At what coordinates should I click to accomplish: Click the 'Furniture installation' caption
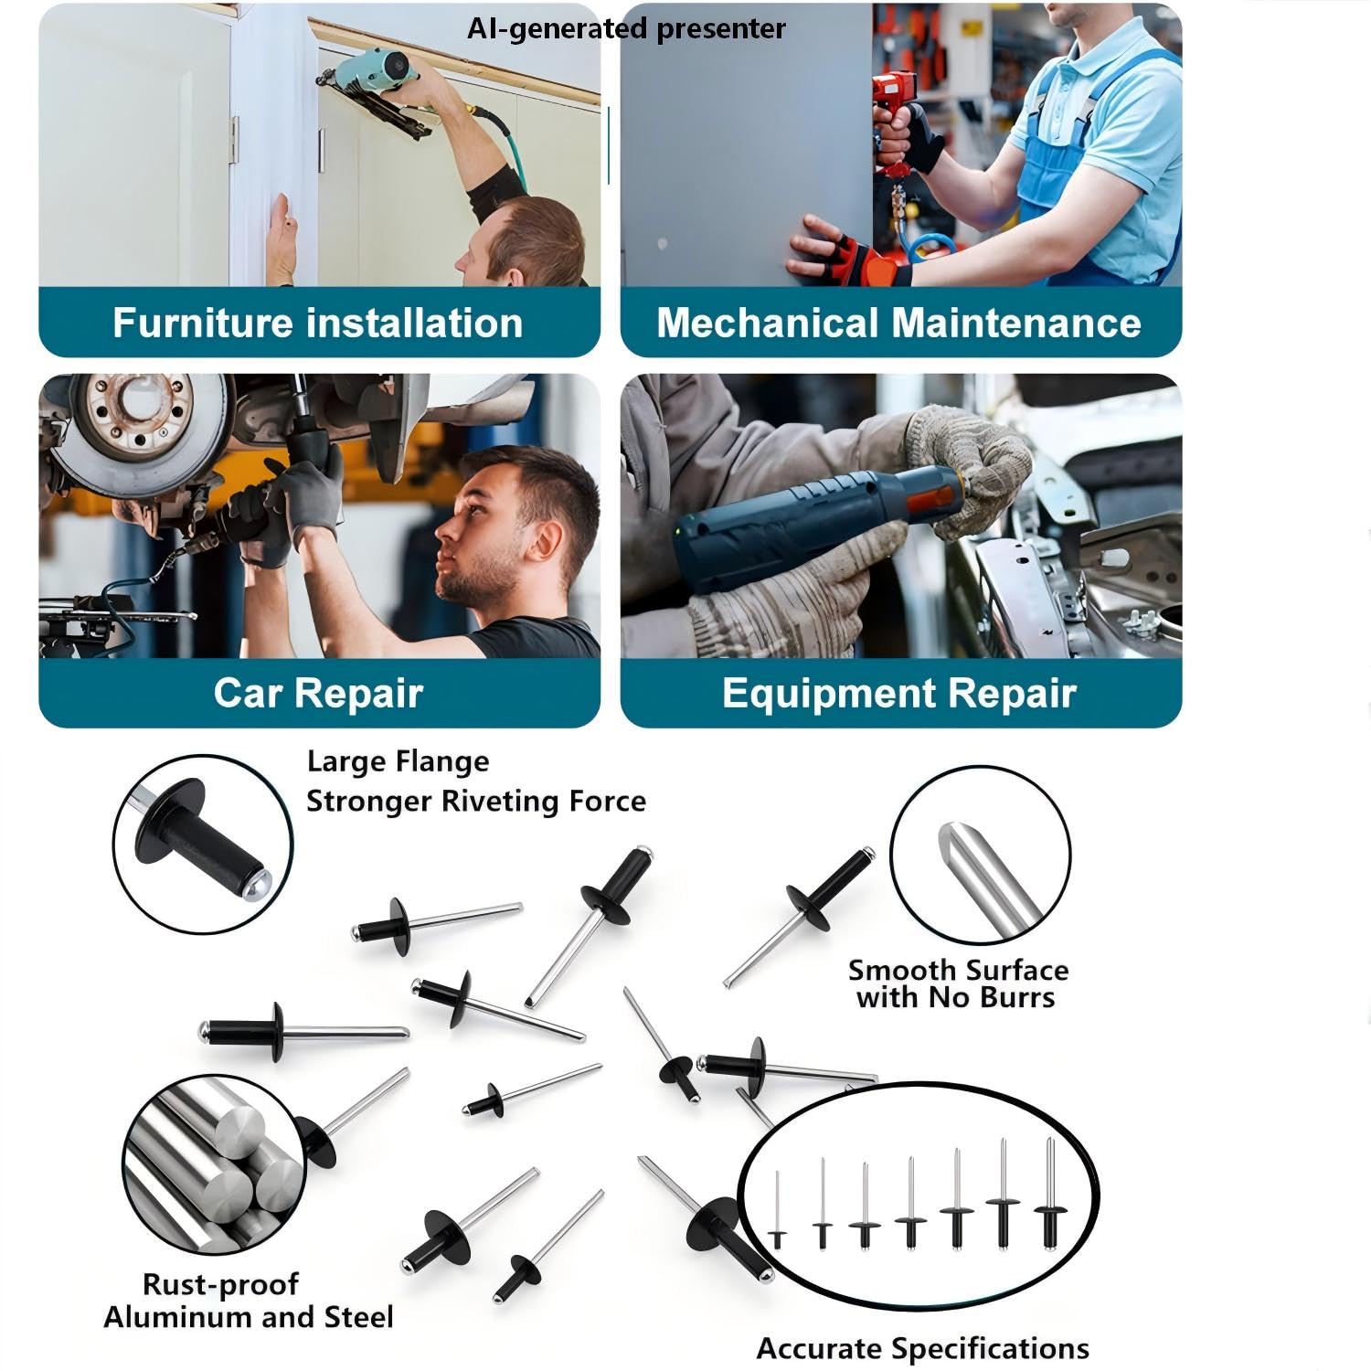pyautogui.click(x=317, y=324)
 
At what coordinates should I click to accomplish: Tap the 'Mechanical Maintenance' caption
pyautogui.click(x=898, y=324)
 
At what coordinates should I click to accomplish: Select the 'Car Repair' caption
pyautogui.click(x=318, y=693)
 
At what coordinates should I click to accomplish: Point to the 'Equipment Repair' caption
pyautogui.click(x=898, y=693)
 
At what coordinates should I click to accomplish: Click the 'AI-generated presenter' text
pyautogui.click(x=626, y=28)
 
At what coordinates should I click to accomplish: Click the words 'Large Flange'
pyautogui.click(x=398, y=762)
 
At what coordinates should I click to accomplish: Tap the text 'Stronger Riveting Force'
pyautogui.click(x=475, y=802)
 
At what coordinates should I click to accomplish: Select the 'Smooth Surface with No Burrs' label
pyautogui.click(x=957, y=983)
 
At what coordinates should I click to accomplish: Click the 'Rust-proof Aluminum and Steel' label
pyautogui.click(x=248, y=1301)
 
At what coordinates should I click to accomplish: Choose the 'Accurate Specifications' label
pyautogui.click(x=922, y=1349)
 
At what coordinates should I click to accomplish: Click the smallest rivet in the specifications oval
pyautogui.click(x=777, y=1210)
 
